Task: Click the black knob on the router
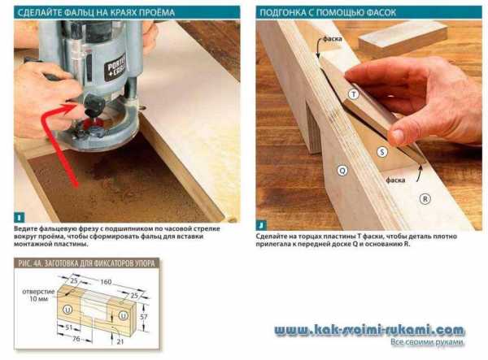[x=93, y=105]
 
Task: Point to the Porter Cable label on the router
[x=116, y=67]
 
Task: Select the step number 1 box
[x=20, y=218]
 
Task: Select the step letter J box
[x=261, y=225]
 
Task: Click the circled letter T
[x=353, y=94]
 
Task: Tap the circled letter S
[x=382, y=152]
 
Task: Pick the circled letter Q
[x=342, y=171]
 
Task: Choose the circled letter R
[x=425, y=198]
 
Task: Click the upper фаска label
[x=333, y=39]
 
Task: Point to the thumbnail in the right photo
[x=398, y=136]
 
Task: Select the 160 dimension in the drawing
[x=106, y=282]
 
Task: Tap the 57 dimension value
[x=143, y=317]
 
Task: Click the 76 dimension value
[x=76, y=339]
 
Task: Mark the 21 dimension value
[x=120, y=341]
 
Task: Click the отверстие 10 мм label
[x=38, y=295]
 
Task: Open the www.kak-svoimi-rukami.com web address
[x=369, y=330]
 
